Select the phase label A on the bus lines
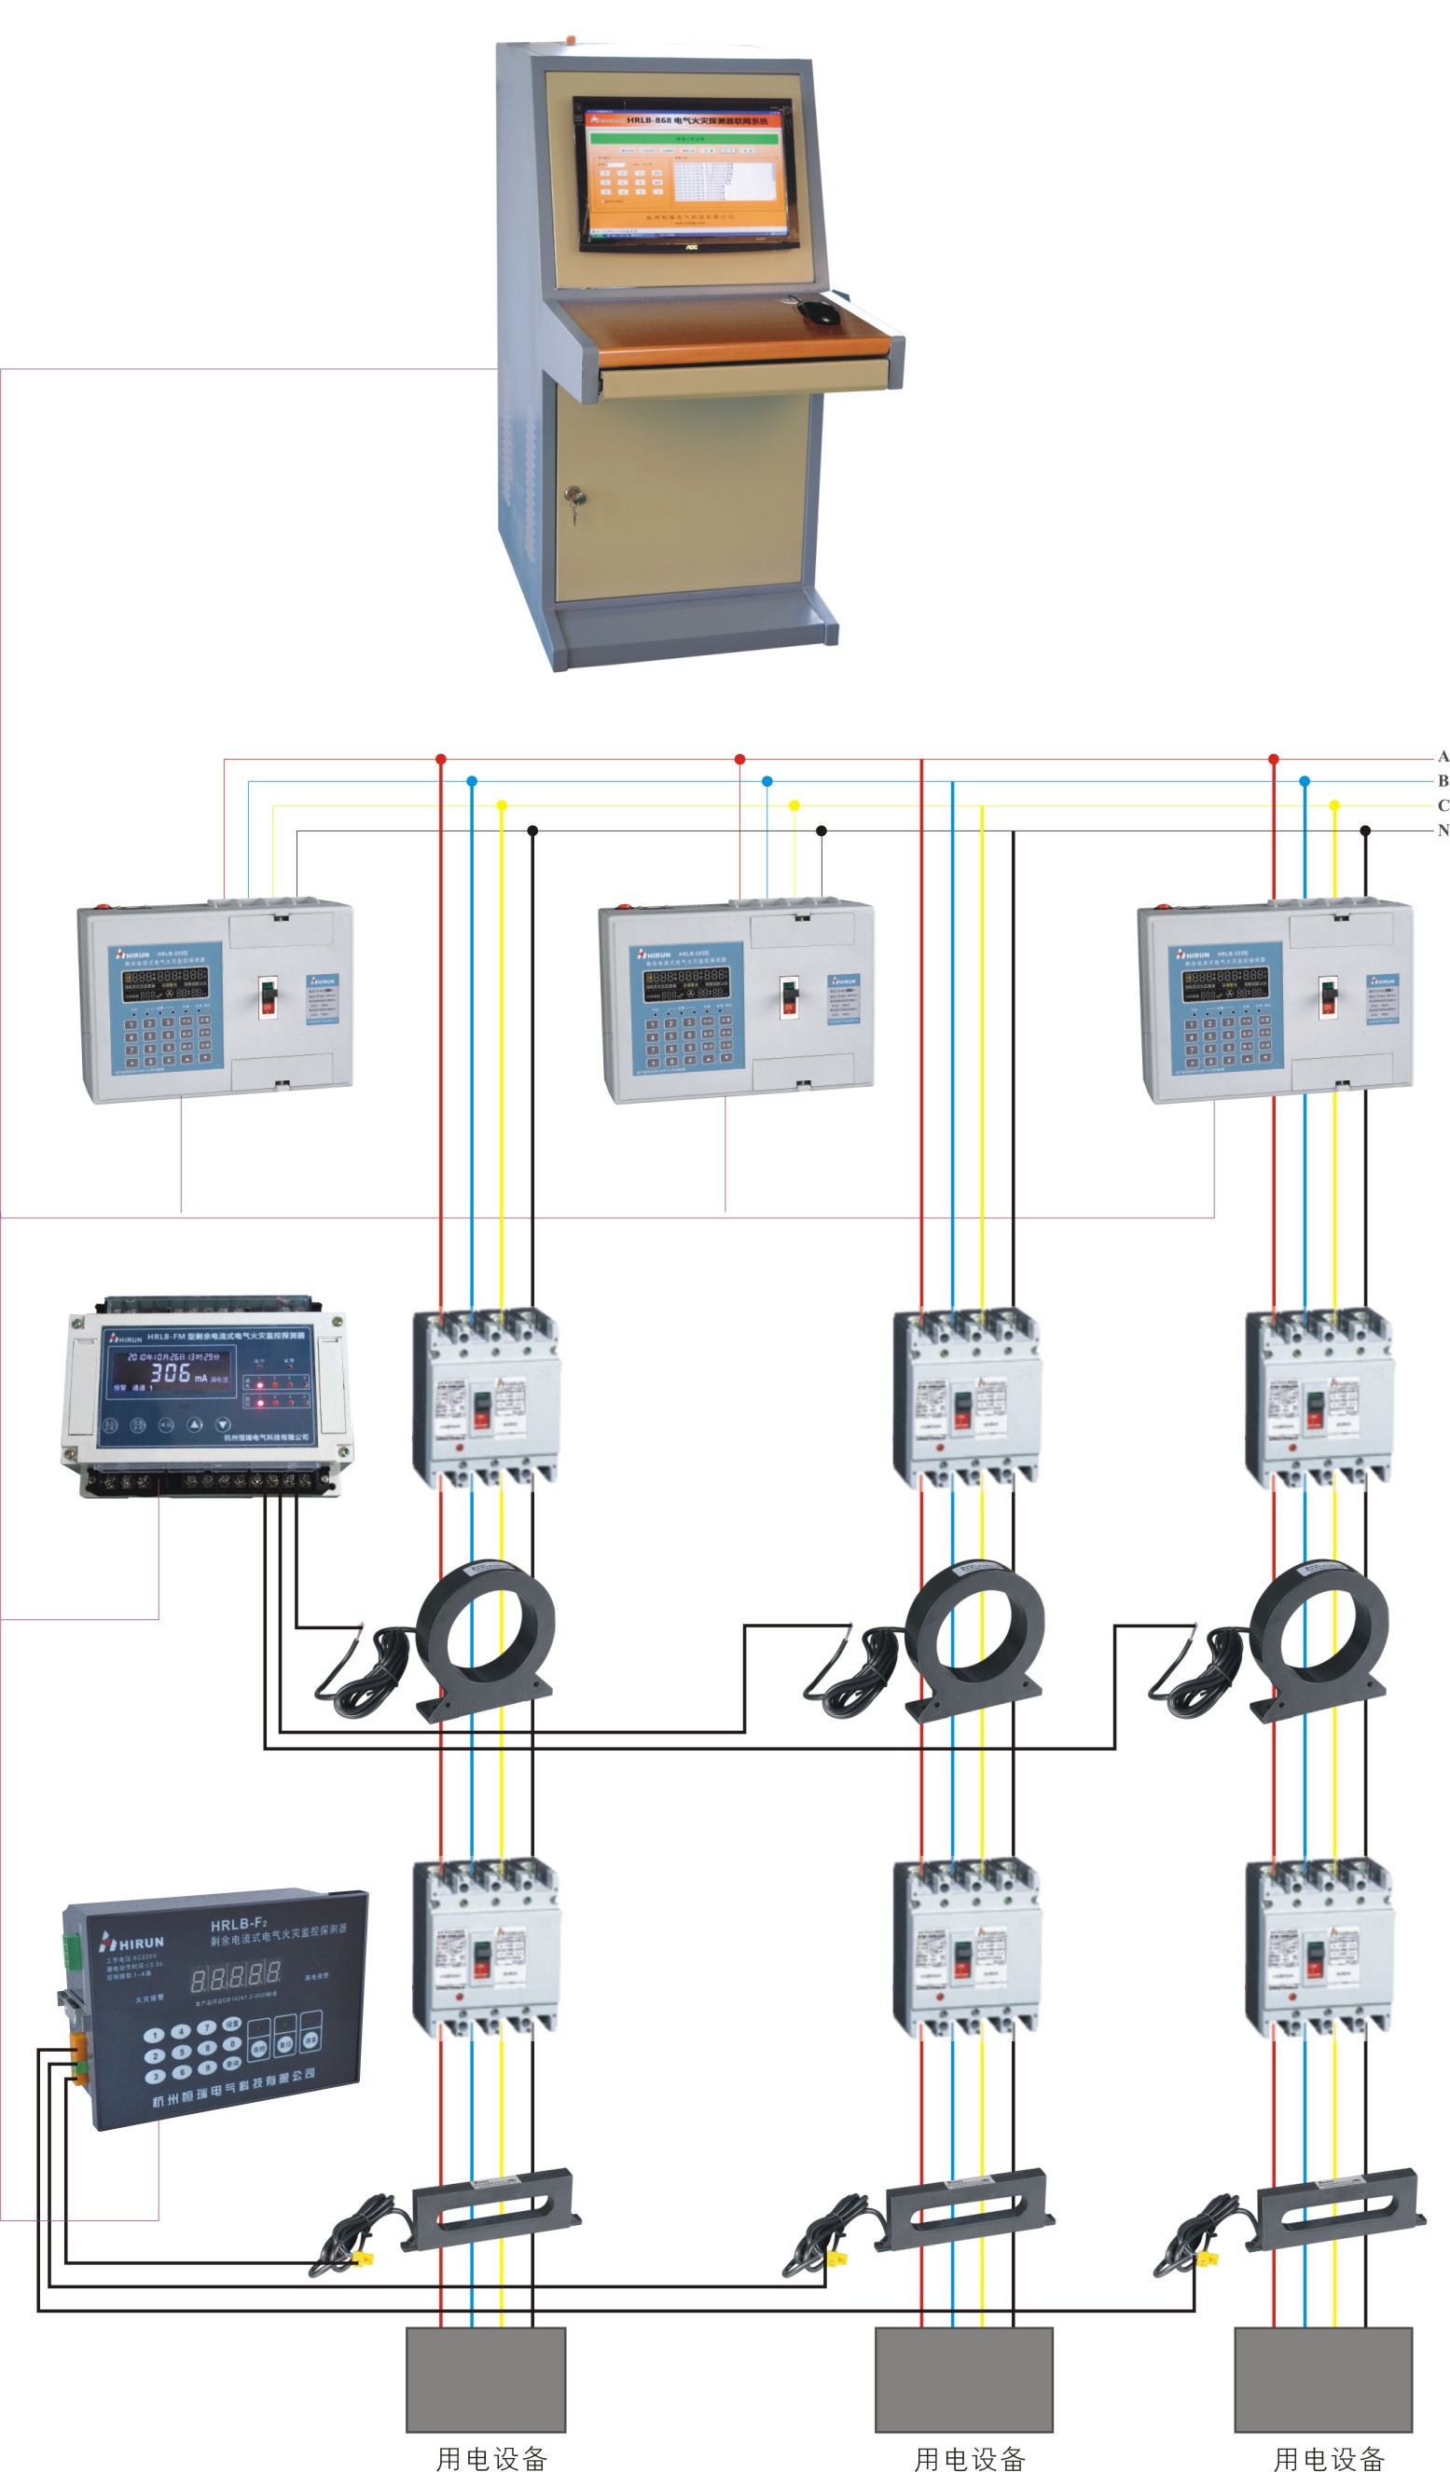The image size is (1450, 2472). [1443, 756]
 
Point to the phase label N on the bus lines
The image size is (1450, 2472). [1443, 830]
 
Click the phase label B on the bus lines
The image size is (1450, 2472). [1443, 781]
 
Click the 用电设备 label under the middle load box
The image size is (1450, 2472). [969, 2457]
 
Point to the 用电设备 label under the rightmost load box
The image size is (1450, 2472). [1329, 2457]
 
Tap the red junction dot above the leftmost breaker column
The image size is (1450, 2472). [440, 760]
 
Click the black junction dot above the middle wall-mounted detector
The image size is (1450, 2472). [822, 831]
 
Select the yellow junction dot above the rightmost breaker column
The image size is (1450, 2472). [1334, 805]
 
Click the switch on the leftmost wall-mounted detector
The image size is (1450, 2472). [267, 996]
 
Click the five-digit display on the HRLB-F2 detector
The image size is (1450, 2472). [236, 1972]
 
